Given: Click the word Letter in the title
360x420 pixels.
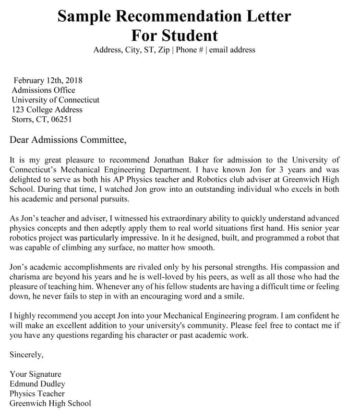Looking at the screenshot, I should (266, 16).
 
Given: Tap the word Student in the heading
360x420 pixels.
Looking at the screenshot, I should (190, 35).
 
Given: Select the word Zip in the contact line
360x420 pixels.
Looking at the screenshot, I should (163, 50).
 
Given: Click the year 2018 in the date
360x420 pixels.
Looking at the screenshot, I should (73, 80).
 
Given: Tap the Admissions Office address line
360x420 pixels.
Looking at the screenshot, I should (43, 90).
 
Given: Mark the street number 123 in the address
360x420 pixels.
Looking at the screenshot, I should (18, 110).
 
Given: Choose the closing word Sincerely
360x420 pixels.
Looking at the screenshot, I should (26, 355).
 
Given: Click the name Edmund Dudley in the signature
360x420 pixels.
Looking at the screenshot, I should (37, 384).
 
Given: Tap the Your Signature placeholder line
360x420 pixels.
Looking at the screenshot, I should (36, 374).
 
